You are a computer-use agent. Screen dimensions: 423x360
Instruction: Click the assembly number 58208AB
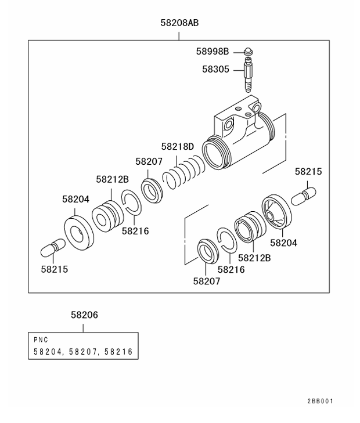(x=179, y=24)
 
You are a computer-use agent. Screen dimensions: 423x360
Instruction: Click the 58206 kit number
(x=84, y=315)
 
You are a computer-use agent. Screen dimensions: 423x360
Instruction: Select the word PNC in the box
(x=41, y=340)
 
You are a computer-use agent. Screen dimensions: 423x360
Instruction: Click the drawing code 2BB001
(x=321, y=401)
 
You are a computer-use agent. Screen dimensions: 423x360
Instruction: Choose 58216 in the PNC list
(x=120, y=352)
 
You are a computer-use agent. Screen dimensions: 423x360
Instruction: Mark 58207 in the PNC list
(x=84, y=352)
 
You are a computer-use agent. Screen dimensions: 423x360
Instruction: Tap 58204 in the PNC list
(x=49, y=352)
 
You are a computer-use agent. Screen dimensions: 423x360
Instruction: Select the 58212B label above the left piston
(x=112, y=179)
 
